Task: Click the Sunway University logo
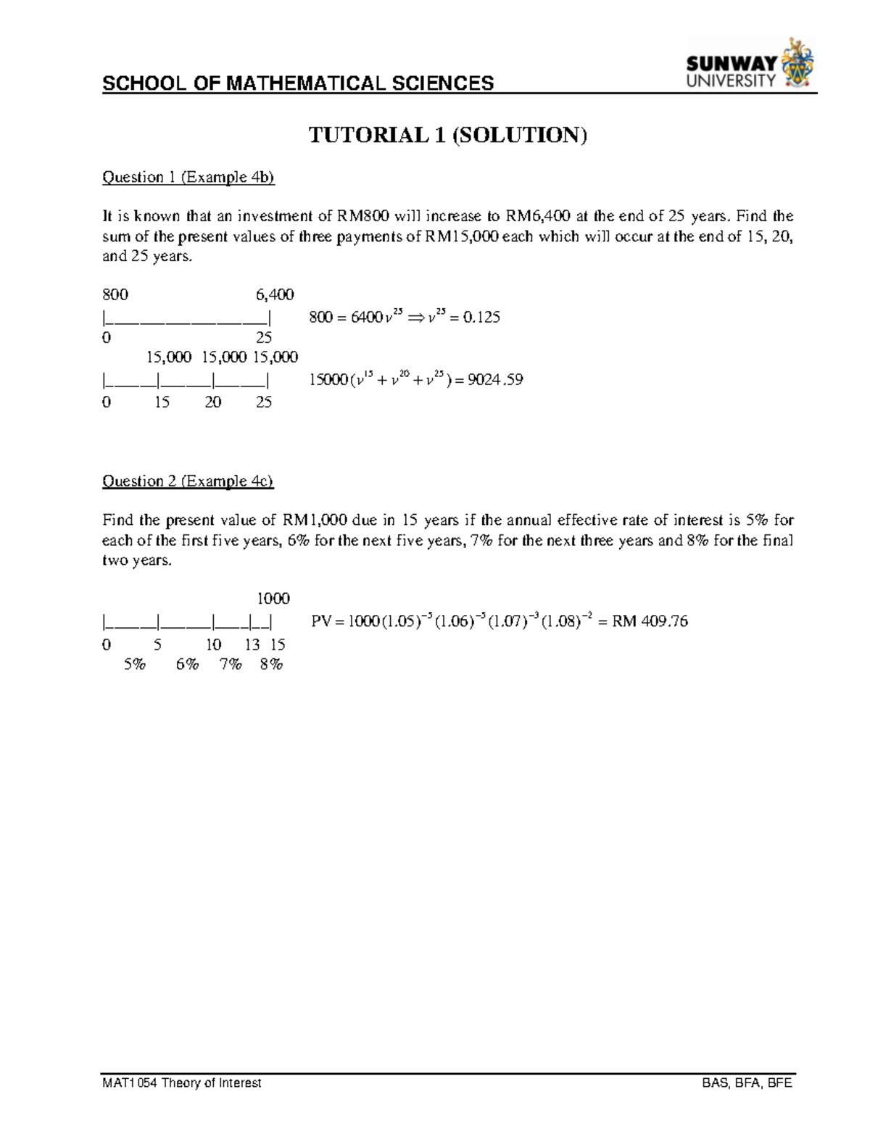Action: pyautogui.click(x=750, y=66)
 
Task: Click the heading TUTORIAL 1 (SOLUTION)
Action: pyautogui.click(x=447, y=135)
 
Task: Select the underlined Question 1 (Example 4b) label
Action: pyautogui.click(x=188, y=178)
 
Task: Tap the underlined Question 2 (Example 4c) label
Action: pyautogui.click(x=188, y=481)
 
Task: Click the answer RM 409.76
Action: pyautogui.click(x=650, y=621)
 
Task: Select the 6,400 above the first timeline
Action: pyautogui.click(x=275, y=294)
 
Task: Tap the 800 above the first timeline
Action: pyautogui.click(x=115, y=294)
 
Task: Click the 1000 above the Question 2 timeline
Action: pyautogui.click(x=273, y=599)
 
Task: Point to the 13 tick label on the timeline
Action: pyautogui.click(x=252, y=645)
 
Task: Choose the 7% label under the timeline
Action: pyautogui.click(x=231, y=665)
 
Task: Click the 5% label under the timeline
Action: pyautogui.click(x=134, y=665)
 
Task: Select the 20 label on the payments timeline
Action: pyautogui.click(x=212, y=402)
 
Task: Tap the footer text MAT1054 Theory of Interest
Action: pyautogui.click(x=182, y=1083)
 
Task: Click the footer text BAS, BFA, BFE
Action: pyautogui.click(x=747, y=1083)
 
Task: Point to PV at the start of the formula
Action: pyautogui.click(x=320, y=621)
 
